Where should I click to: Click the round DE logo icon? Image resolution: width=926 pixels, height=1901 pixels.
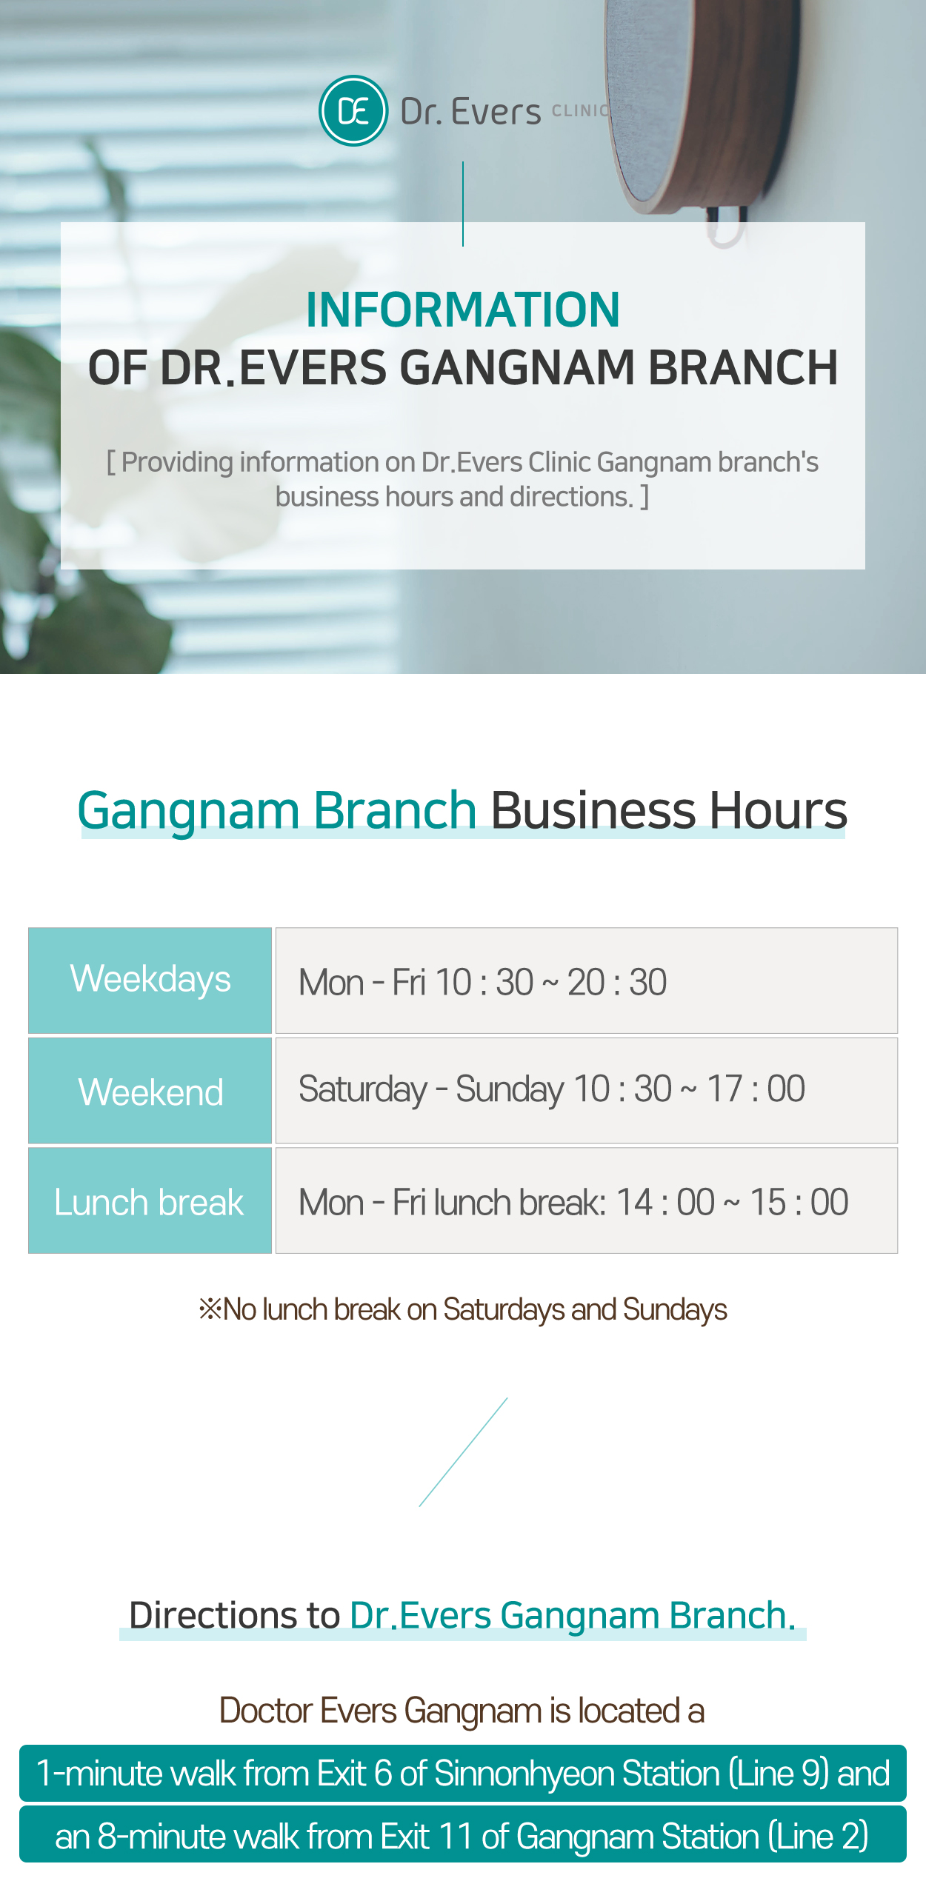click(353, 111)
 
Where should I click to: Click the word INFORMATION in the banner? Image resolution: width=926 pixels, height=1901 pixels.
click(463, 310)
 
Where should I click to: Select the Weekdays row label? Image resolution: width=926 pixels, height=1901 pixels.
click(150, 980)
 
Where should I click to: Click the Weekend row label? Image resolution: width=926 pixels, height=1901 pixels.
click(150, 1092)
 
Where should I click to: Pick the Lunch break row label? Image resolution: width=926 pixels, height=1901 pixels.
click(150, 1201)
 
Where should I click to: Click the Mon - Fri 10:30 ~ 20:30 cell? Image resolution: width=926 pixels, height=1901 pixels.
click(587, 980)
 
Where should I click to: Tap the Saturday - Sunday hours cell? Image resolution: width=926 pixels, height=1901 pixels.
click(587, 1090)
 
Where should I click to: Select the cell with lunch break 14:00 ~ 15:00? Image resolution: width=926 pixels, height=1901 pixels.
click(587, 1200)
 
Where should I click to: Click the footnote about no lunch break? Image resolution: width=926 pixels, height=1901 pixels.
click(463, 1309)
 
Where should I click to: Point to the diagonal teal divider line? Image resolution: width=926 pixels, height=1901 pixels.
click(463, 1452)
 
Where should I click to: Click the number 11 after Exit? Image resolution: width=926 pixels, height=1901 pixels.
click(455, 1837)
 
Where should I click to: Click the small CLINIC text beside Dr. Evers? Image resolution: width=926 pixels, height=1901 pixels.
click(582, 111)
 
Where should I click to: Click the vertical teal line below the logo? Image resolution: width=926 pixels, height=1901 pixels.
click(463, 204)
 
